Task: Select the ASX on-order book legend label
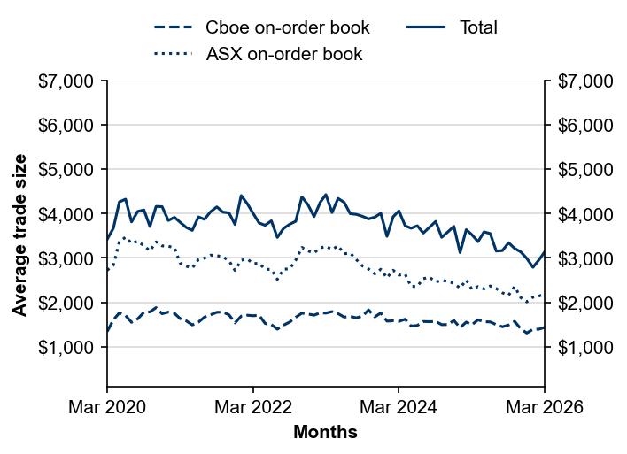[x=284, y=54]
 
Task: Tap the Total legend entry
[x=478, y=27]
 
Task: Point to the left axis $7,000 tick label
[x=66, y=81]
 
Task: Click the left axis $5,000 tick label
[x=66, y=170]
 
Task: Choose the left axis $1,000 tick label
[x=66, y=348]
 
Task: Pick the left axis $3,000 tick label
[x=66, y=258]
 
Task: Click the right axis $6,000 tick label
[x=585, y=126]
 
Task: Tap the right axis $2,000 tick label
[x=585, y=303]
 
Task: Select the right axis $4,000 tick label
[x=585, y=214]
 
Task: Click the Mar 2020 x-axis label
[x=107, y=407]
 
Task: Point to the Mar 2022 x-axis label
[x=253, y=407]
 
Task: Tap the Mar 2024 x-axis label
[x=399, y=407]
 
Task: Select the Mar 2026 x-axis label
[x=545, y=407]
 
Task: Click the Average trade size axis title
[x=19, y=235]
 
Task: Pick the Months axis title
[x=325, y=433]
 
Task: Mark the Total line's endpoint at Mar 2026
[x=545, y=252]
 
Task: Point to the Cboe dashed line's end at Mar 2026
[x=545, y=327]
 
